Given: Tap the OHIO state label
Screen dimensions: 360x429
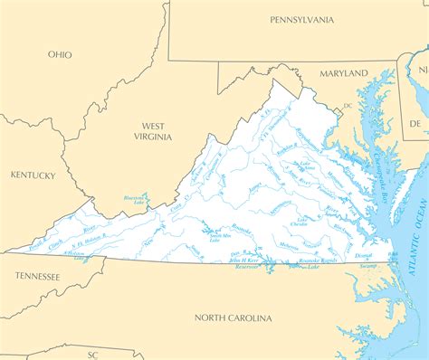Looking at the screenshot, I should (61, 54).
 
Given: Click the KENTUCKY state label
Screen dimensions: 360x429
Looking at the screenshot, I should (33, 175).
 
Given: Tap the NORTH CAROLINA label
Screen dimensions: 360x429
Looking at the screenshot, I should (233, 317).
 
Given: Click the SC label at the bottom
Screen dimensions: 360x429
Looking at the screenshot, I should (92, 354).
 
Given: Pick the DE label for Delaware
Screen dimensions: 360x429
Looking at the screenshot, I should (415, 122).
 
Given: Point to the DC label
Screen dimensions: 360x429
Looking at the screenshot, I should (346, 108).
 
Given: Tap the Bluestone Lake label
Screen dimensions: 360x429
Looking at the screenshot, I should (134, 201).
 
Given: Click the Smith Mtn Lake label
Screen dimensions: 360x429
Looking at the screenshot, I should (217, 235).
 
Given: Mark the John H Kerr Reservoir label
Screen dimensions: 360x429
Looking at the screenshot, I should (243, 263).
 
